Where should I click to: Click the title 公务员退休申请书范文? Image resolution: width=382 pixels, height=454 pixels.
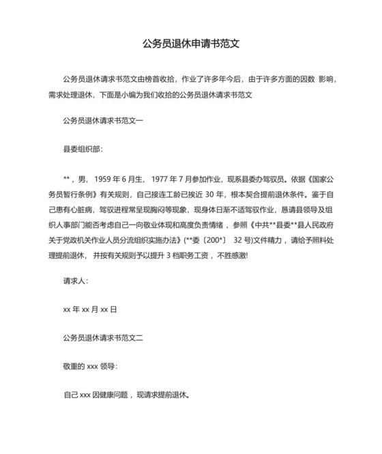190,44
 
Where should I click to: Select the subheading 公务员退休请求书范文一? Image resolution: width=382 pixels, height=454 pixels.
103,121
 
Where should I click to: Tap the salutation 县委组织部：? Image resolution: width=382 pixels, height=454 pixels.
83,147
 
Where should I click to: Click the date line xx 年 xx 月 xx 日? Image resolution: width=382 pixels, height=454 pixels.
89,309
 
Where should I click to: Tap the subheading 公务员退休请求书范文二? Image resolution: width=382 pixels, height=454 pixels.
103,337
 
